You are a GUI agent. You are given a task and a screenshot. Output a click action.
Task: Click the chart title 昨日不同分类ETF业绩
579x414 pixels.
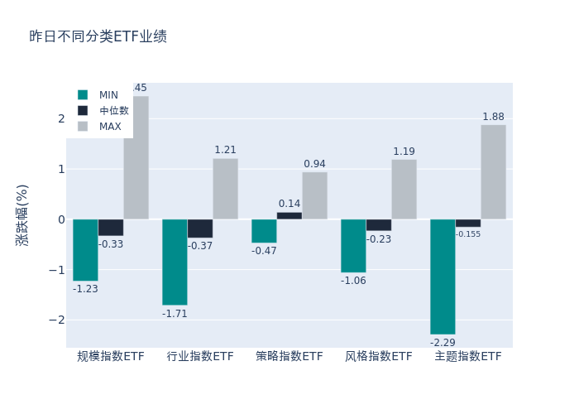tap(98, 36)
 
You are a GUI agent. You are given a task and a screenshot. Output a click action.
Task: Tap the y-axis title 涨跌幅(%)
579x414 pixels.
tap(22, 214)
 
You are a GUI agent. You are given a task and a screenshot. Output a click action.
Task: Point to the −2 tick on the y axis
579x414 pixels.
tap(55, 320)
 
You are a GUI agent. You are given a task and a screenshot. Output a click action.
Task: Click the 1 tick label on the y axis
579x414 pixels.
tap(60, 169)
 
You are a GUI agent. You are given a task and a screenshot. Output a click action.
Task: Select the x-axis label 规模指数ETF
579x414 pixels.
tap(111, 356)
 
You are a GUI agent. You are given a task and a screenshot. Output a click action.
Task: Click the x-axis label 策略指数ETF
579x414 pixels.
tap(289, 356)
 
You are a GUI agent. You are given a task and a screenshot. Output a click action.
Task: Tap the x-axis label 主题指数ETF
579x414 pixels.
tap(468, 356)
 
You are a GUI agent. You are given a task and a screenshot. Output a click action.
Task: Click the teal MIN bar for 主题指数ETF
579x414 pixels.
tap(443, 277)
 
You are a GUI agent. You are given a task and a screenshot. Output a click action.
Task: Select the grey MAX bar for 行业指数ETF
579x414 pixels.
tap(225, 189)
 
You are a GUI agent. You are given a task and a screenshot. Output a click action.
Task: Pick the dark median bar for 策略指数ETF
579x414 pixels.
tap(289, 215)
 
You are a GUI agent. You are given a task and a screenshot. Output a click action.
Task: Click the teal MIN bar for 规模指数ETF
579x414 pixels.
tap(85, 250)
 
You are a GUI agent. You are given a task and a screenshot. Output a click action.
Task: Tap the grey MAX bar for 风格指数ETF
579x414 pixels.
tap(404, 190)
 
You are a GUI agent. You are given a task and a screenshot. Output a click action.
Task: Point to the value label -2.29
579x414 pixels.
tap(443, 342)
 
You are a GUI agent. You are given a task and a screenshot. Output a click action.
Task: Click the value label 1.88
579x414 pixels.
tap(493, 117)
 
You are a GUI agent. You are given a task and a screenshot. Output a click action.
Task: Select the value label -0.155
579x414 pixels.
tap(468, 234)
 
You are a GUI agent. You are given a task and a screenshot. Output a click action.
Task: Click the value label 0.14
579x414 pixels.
tap(289, 204)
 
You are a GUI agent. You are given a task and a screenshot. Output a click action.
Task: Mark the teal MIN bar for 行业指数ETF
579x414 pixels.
tap(175, 262)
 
